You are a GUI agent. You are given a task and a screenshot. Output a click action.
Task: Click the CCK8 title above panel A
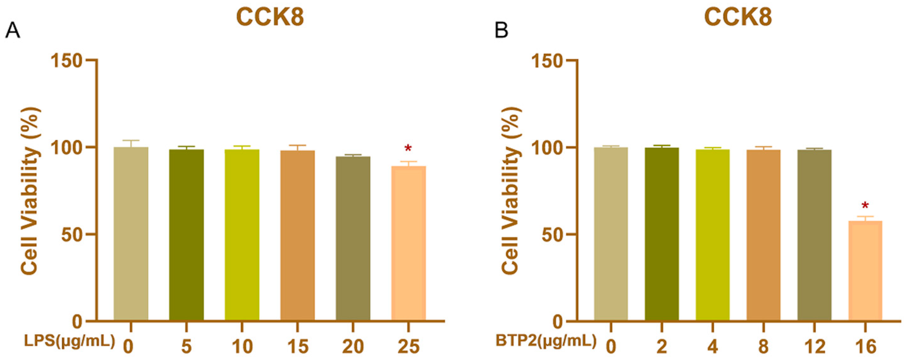click(270, 17)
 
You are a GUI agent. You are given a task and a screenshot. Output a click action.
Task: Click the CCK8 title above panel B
click(738, 17)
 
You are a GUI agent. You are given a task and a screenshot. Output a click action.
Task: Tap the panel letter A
click(12, 31)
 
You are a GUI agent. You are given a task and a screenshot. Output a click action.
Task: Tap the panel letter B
click(501, 31)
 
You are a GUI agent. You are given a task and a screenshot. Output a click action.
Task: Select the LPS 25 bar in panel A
click(409, 243)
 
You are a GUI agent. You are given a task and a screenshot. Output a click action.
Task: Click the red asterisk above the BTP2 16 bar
click(865, 206)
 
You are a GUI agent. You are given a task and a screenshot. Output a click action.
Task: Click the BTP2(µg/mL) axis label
click(546, 342)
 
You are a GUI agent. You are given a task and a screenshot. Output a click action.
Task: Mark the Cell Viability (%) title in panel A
click(30, 190)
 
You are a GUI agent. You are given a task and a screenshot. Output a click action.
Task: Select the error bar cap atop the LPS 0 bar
click(131, 140)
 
